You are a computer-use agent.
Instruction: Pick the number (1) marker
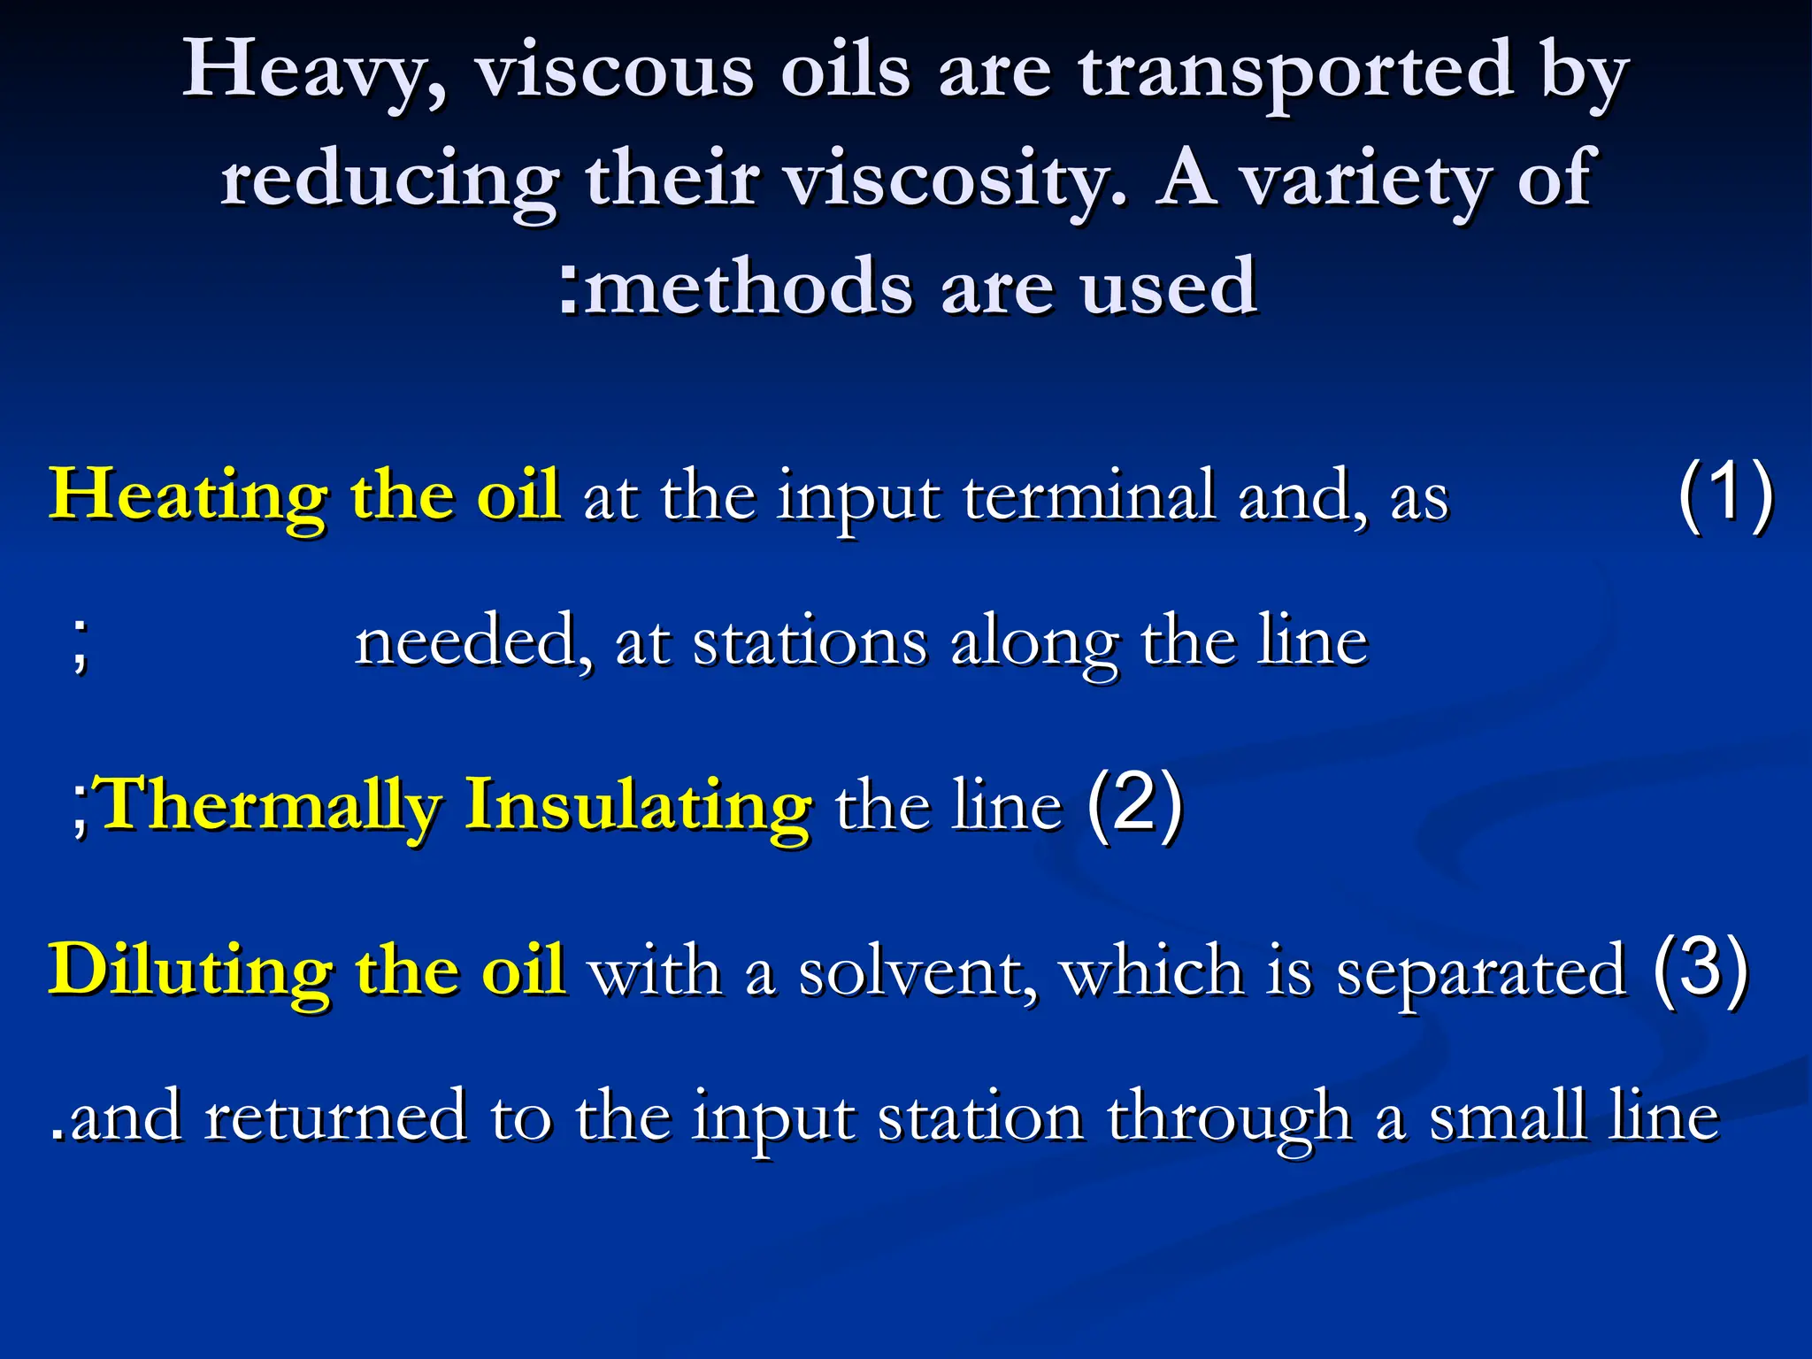[x=1725, y=495]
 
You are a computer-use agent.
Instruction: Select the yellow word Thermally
[x=271, y=805]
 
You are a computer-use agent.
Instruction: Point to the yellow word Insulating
[x=637, y=805]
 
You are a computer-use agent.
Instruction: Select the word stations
[x=810, y=642]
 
